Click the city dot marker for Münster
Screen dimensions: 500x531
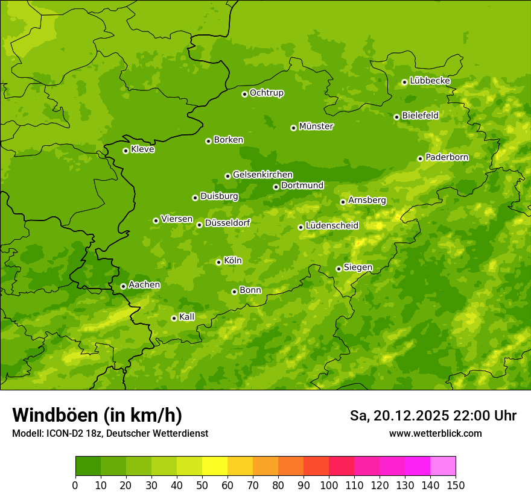point(294,128)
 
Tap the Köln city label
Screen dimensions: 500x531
point(233,261)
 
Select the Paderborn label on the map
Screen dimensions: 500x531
point(447,157)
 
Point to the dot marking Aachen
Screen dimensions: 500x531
point(123,286)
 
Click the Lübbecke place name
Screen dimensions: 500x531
point(430,81)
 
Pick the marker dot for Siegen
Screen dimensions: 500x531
point(339,269)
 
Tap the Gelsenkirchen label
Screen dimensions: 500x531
point(262,175)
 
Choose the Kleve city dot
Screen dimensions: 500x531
point(126,151)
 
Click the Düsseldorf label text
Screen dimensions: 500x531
point(227,223)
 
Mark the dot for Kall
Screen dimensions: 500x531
point(174,318)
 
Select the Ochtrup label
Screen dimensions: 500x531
point(267,93)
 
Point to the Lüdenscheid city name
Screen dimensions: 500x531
point(332,226)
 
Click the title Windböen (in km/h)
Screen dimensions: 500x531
point(97,415)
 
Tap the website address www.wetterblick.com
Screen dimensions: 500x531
point(436,433)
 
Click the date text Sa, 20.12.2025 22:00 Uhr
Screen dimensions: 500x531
point(433,416)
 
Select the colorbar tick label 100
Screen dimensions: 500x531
point(329,486)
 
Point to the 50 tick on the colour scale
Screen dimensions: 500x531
point(202,486)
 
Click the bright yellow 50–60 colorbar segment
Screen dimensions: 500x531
point(215,466)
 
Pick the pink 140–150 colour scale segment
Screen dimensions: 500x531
point(443,466)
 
